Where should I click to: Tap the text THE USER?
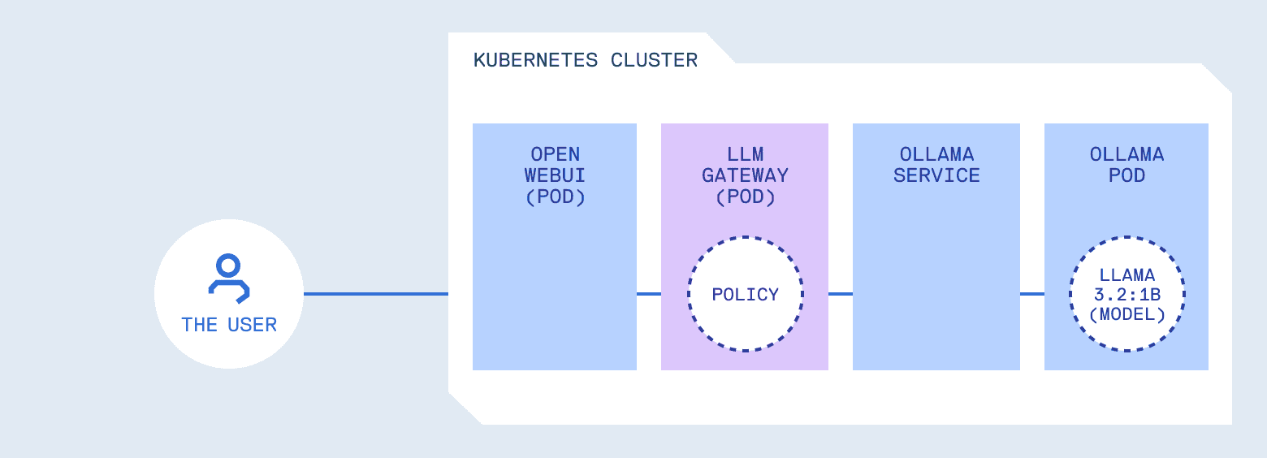coord(229,325)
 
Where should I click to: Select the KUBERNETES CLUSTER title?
coord(585,60)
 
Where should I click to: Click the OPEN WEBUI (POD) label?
coord(555,175)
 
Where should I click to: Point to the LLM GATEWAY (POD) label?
coord(745,175)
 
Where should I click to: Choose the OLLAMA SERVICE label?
coord(936,165)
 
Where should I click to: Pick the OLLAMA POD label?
coord(1126,165)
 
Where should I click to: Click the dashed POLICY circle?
coord(745,294)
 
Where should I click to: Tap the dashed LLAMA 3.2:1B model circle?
coord(1126,294)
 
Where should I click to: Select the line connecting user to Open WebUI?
coord(375,294)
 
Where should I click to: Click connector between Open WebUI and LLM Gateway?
coord(649,294)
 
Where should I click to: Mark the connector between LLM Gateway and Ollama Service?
coord(841,294)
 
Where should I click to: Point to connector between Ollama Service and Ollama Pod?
coord(1032,294)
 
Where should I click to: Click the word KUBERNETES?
coord(535,60)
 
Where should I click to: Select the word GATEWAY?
coord(745,175)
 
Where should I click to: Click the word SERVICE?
coord(936,175)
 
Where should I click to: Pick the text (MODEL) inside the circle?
coord(1126,314)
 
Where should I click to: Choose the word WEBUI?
coord(555,175)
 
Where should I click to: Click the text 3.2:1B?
coord(1126,295)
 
